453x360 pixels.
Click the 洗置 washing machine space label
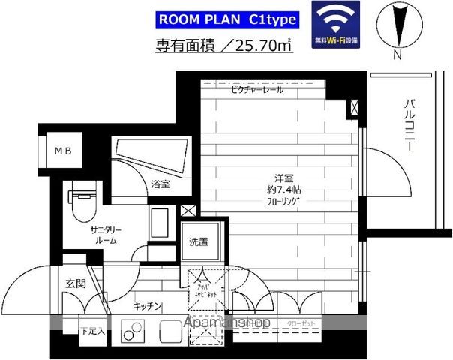pos(198,241)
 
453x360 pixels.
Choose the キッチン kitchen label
pos(149,305)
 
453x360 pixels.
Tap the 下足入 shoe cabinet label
pos(92,329)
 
